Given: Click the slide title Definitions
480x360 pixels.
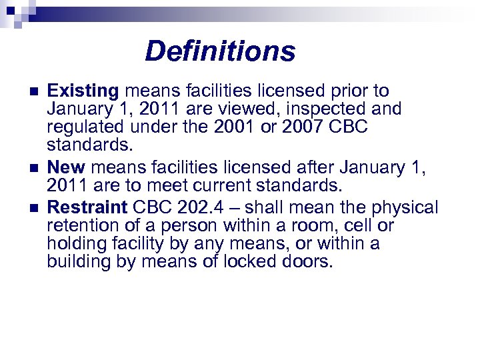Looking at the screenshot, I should tap(220, 51).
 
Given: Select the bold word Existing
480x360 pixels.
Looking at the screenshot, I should tap(83, 91).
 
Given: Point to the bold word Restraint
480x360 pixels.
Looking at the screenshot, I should tap(87, 209).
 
